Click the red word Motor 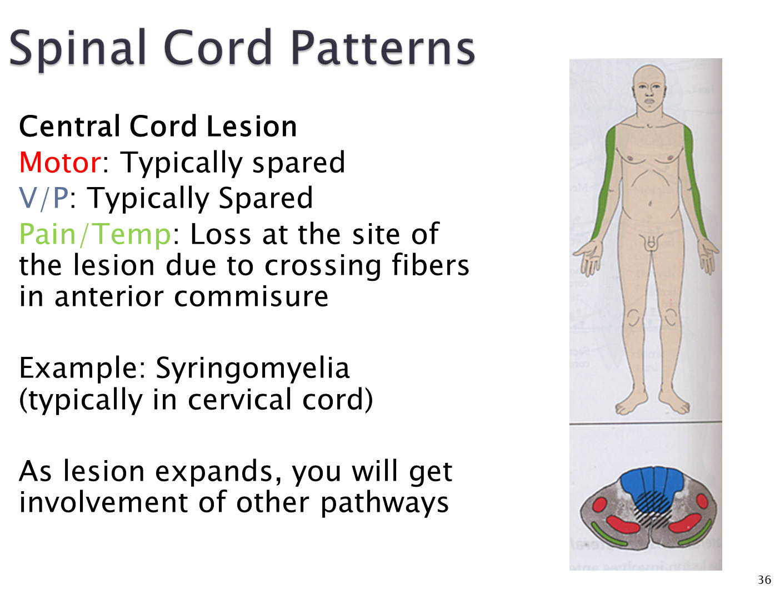coord(61,163)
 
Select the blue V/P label coord(44,198)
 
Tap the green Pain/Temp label coord(95,234)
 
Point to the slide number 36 coord(764,579)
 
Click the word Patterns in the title coord(383,48)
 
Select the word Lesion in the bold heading coord(252,127)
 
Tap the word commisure coord(251,297)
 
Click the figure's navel coord(650,204)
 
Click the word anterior coord(109,297)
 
